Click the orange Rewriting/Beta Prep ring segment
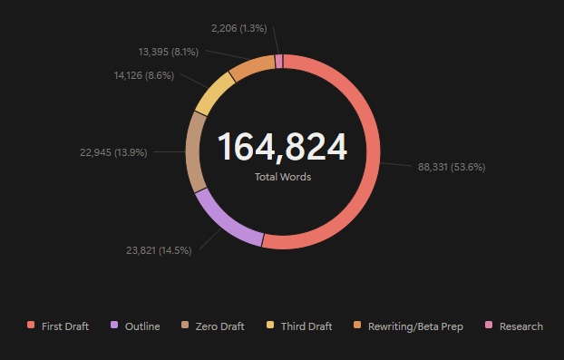click(250, 66)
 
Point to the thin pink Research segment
click(279, 61)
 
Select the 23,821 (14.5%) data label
click(160, 250)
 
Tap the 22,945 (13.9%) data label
click(113, 152)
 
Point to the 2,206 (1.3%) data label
click(238, 28)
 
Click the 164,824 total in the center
click(282, 147)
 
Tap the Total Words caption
click(283, 177)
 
